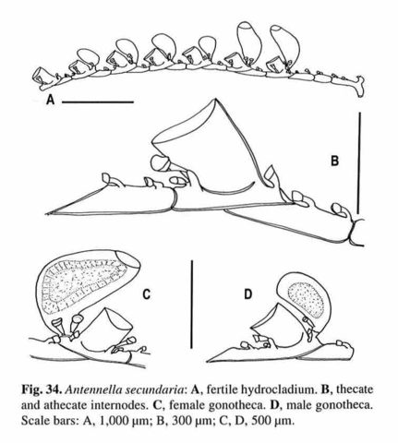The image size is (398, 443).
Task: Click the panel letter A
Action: tap(50, 100)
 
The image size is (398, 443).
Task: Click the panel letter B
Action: tap(334, 161)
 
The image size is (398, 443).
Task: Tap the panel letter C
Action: tap(147, 294)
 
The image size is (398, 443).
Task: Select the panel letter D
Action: tap(247, 294)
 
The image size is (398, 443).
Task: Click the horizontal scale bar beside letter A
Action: tap(98, 102)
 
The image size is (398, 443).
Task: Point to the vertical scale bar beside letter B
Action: tap(359, 162)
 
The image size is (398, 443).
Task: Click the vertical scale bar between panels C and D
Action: tap(192, 305)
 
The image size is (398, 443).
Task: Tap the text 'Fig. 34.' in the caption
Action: tap(42, 390)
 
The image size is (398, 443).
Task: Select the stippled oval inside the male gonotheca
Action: tap(307, 300)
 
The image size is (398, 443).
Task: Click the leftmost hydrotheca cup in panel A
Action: tap(41, 76)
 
